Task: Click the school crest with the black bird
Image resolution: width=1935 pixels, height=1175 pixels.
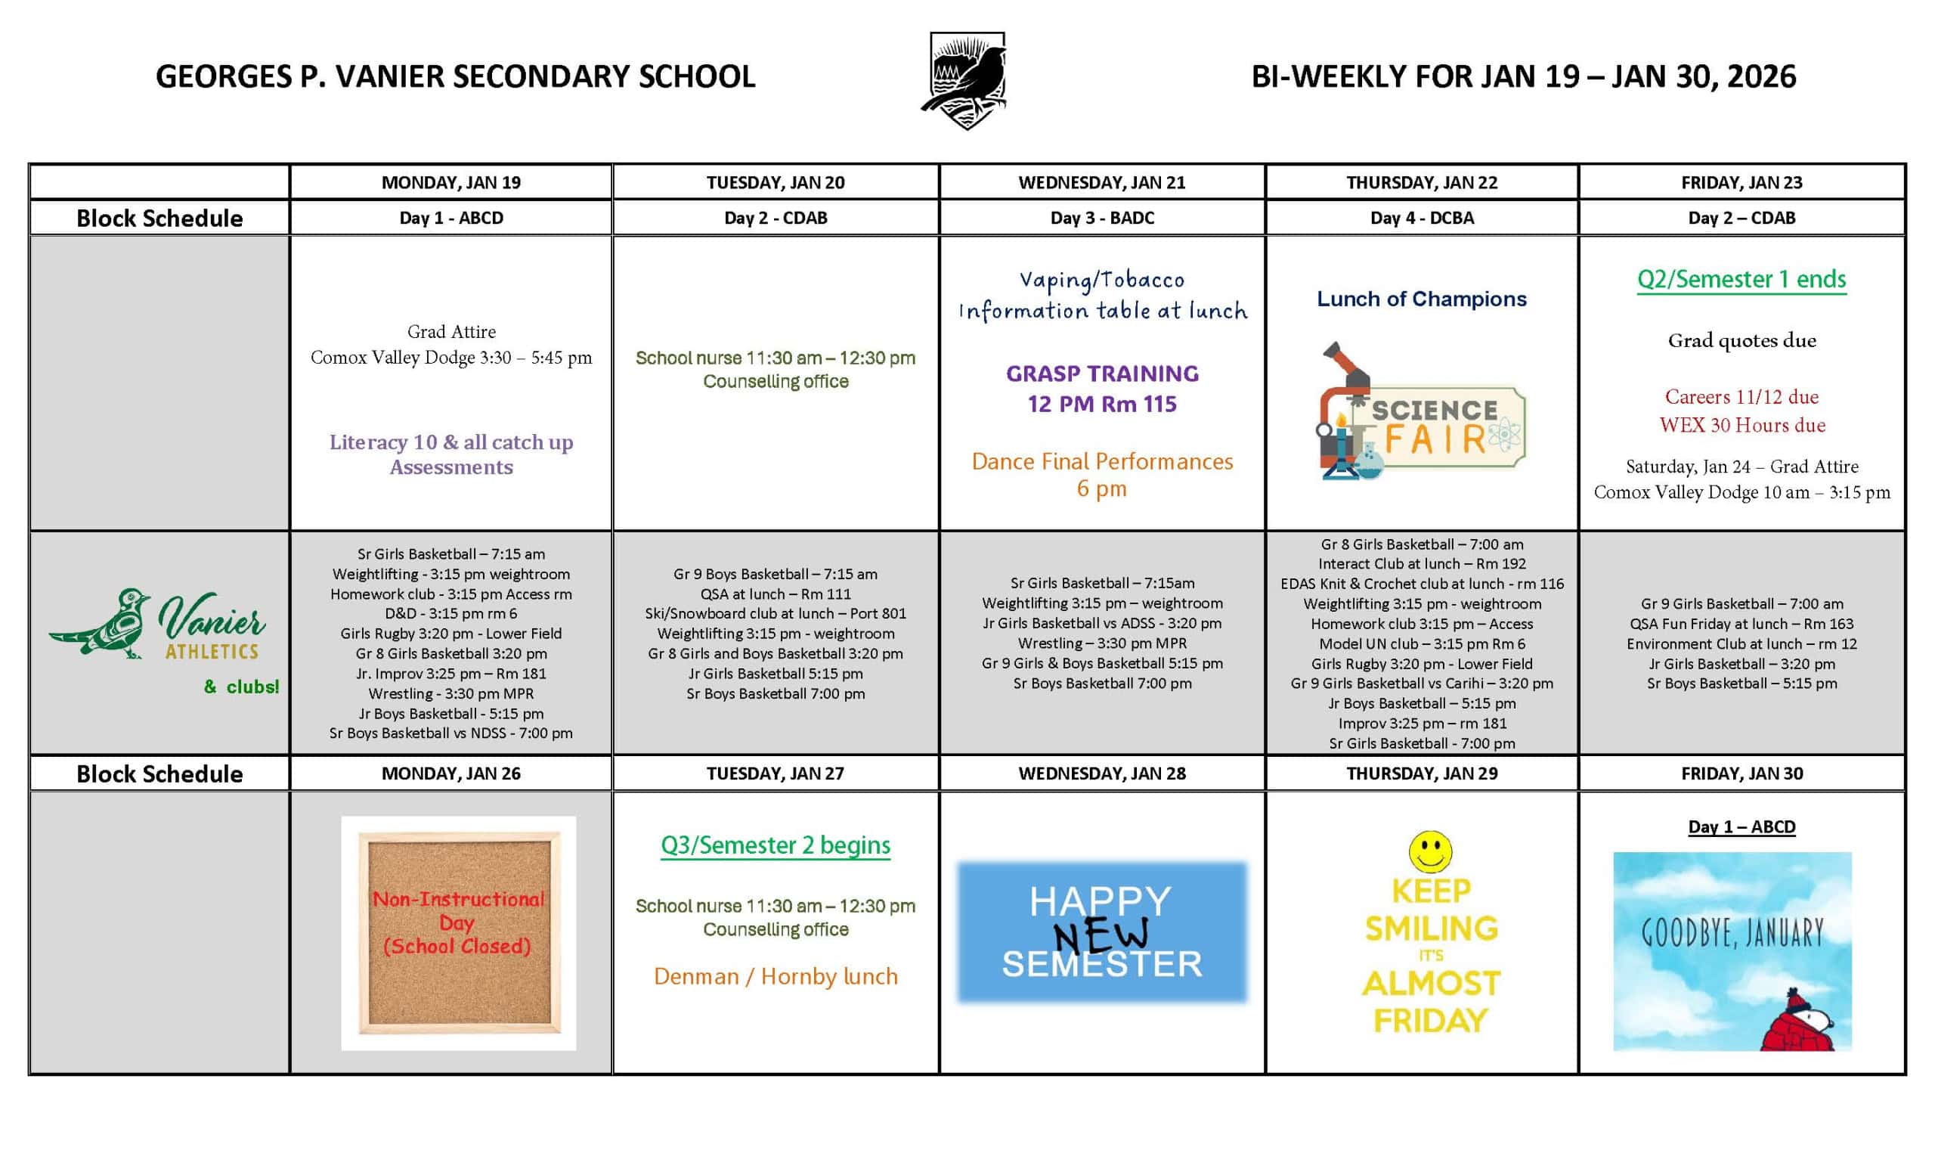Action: coord(966,80)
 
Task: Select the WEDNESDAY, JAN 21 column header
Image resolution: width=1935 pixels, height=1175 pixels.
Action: coord(1101,182)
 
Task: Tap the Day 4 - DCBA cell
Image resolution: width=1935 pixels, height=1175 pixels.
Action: coord(1422,218)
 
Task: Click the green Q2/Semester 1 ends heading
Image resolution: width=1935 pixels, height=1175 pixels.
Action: coord(1741,280)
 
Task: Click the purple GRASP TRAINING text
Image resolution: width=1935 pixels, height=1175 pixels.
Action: coord(1102,374)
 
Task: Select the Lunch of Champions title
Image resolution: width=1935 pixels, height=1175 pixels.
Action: coord(1422,299)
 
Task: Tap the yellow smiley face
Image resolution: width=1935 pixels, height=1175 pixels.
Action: coord(1430,851)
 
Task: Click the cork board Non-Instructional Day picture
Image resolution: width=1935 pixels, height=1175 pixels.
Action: coord(459,932)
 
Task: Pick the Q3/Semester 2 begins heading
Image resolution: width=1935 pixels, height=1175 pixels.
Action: coord(775,845)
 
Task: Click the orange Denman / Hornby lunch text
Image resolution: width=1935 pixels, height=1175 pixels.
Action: coord(775,976)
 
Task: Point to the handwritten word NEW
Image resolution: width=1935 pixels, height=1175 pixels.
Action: coord(1101,935)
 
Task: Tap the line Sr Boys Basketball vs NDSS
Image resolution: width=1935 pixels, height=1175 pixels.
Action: coord(450,733)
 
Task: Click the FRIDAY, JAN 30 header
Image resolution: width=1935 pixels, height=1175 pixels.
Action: coord(1741,774)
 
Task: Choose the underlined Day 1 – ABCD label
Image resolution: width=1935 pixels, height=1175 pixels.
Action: coord(1741,827)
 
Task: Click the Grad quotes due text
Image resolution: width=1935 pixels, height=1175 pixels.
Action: coord(1741,341)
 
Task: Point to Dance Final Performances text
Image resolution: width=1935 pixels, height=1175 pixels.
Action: coord(1102,462)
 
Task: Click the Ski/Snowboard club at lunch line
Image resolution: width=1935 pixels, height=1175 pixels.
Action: coord(775,613)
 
